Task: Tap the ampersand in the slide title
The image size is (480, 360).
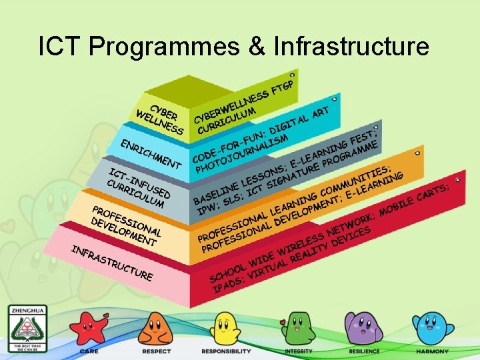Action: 253,46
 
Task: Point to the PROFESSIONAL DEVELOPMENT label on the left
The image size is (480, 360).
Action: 125,223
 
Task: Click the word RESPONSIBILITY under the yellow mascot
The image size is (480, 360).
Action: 226,351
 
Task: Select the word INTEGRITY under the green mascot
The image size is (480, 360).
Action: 298,351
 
